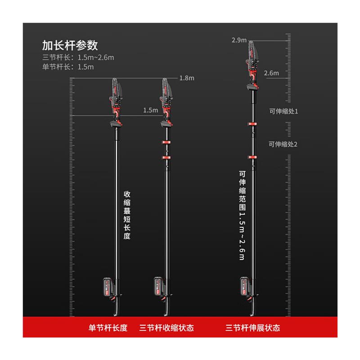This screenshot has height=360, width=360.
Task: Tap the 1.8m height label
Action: [x=186, y=78]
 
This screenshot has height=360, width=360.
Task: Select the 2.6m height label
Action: [x=272, y=72]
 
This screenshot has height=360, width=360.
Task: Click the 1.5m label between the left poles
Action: [x=150, y=110]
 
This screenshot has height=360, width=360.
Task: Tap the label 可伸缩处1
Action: [x=283, y=111]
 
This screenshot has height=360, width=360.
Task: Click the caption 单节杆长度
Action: [x=108, y=328]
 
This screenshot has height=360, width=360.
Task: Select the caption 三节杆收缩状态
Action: [x=166, y=328]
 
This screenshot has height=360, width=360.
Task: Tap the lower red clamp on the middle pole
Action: [x=166, y=158]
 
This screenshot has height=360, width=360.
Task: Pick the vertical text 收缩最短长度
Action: [x=127, y=214]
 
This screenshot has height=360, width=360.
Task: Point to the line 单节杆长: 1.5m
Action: [x=68, y=67]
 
